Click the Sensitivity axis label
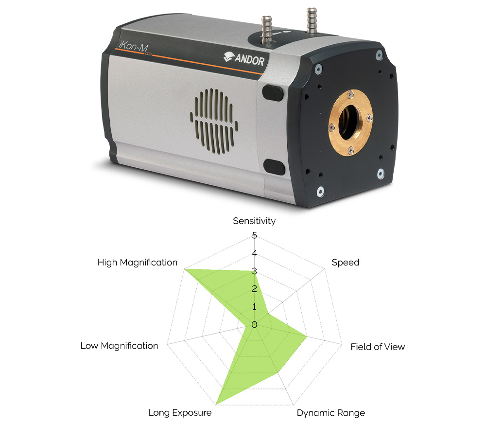pos(254,221)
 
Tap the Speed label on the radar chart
pos(345,263)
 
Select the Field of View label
pos(378,347)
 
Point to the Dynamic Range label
pos(330,413)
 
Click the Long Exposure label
pos(180,413)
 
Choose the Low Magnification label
pos(120,346)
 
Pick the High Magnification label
pos(138,263)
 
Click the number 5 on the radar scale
pos(255,235)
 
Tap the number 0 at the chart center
pos(255,325)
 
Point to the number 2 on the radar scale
pos(255,289)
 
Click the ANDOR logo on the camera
pos(244,58)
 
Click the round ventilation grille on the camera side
pos(214,121)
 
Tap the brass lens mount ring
pos(350,123)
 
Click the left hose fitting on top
pos(266,30)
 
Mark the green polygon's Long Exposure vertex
pos(216,405)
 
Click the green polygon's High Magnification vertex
pos(184,268)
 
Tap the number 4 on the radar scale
pos(255,253)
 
